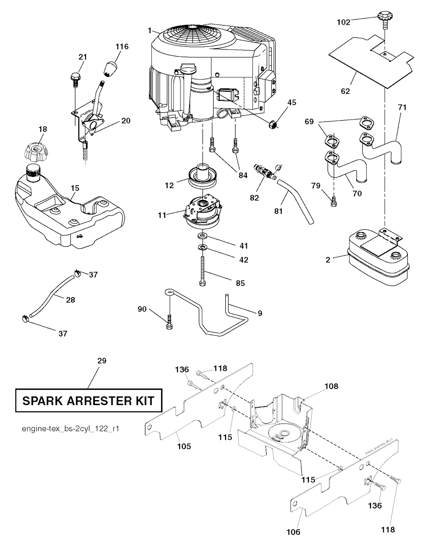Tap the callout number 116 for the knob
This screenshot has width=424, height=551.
122,47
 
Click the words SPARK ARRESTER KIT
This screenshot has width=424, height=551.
88,401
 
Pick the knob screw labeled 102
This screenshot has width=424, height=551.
385,19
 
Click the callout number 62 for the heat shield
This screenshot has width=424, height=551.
345,91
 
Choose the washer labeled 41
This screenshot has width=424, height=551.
203,236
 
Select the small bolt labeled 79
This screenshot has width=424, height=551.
333,201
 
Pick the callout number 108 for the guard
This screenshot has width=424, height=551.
332,386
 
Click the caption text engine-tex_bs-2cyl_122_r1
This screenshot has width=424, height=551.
70,429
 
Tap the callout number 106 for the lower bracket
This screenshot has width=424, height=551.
294,532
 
